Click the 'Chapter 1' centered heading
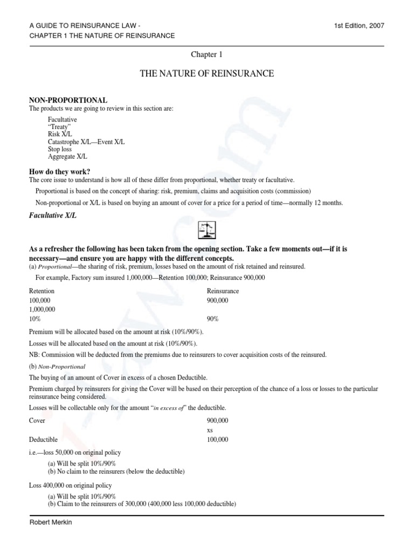point(206,54)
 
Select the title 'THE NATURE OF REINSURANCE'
point(206,73)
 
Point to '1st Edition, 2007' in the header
point(359,25)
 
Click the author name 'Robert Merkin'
point(51,523)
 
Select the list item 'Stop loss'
point(60,149)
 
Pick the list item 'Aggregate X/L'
point(67,157)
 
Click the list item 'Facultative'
point(62,119)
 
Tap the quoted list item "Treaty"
point(59,126)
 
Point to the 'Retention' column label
point(42,291)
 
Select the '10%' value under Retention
point(35,319)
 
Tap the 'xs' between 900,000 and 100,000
point(210,430)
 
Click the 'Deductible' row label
point(43,440)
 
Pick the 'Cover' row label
point(37,420)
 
